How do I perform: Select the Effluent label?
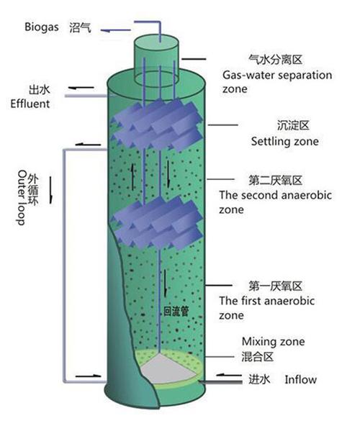click(x=30, y=104)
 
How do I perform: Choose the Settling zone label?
click(x=284, y=141)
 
